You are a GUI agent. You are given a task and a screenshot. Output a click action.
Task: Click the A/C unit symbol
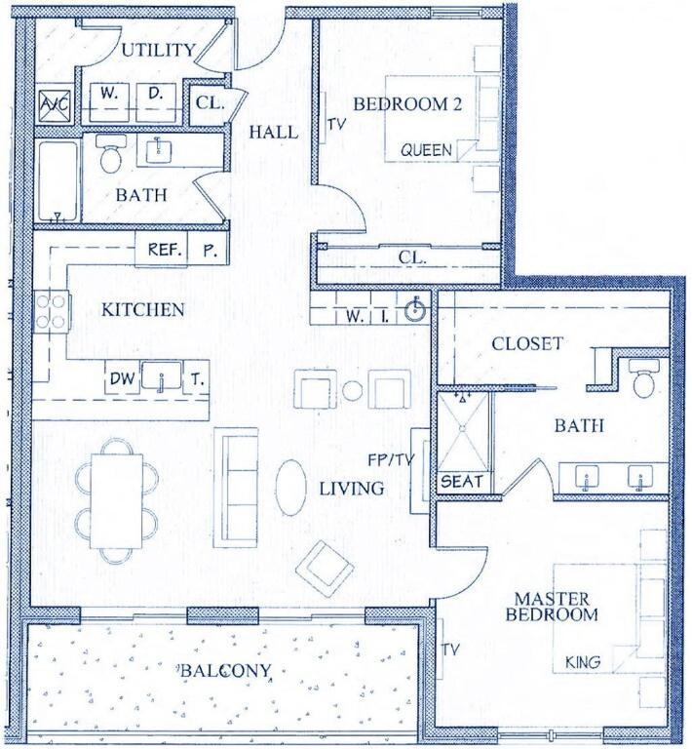[55, 104]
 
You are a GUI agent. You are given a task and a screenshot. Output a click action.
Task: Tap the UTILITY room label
[158, 50]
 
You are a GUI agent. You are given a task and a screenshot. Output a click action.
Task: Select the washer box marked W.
[109, 102]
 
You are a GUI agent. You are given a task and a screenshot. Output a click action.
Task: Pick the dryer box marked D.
[156, 102]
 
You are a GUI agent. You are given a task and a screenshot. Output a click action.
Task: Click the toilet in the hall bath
[111, 153]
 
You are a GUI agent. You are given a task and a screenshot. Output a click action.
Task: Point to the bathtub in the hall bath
[58, 181]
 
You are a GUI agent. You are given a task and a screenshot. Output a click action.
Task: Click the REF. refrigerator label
[164, 250]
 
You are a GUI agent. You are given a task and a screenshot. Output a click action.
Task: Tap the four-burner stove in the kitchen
[52, 311]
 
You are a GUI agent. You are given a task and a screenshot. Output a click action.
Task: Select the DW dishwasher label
[122, 378]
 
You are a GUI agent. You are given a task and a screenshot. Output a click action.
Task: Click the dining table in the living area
[117, 501]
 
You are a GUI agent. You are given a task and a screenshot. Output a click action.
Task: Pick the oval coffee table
[291, 488]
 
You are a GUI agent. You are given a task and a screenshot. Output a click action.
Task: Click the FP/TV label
[391, 459]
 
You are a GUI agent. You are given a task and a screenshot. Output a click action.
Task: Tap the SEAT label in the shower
[461, 481]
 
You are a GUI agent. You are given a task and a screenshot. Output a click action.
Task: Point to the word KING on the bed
[583, 662]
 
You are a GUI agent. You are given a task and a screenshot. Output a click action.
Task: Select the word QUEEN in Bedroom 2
[426, 150]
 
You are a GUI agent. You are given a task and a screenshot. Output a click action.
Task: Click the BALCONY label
[226, 671]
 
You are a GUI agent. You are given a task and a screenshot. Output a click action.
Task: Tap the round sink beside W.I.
[416, 311]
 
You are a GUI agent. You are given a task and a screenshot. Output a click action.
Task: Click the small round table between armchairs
[352, 390]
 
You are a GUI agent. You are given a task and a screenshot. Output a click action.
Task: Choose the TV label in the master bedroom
[450, 650]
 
